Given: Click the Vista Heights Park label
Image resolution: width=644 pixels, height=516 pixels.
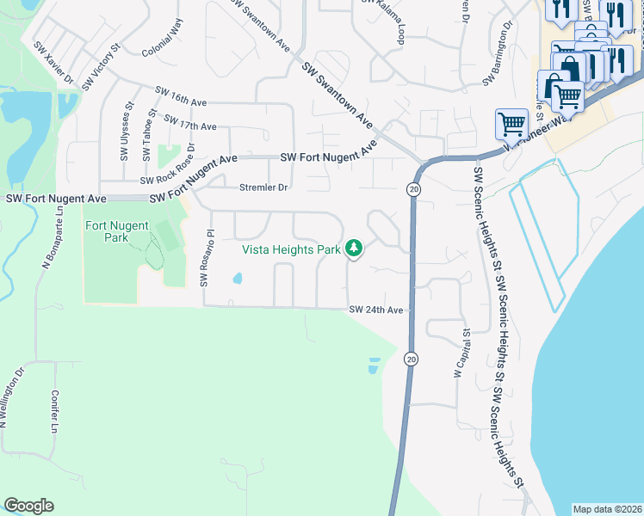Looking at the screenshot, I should coord(291,249).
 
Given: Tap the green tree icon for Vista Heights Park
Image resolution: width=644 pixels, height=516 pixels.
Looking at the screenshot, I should coord(353,249).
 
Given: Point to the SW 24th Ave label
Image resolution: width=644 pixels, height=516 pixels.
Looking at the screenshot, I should coord(375,310).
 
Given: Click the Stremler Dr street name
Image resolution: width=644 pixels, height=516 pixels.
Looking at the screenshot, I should coord(263,187).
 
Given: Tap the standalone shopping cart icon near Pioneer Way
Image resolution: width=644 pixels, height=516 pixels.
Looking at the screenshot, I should coord(511,124).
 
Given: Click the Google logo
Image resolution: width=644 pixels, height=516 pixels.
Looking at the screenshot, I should coord(28,506).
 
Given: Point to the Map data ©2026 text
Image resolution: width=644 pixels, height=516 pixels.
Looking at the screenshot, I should coord(607,509).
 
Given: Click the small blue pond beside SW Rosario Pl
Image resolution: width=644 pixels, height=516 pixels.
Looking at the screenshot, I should coord(237,279).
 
